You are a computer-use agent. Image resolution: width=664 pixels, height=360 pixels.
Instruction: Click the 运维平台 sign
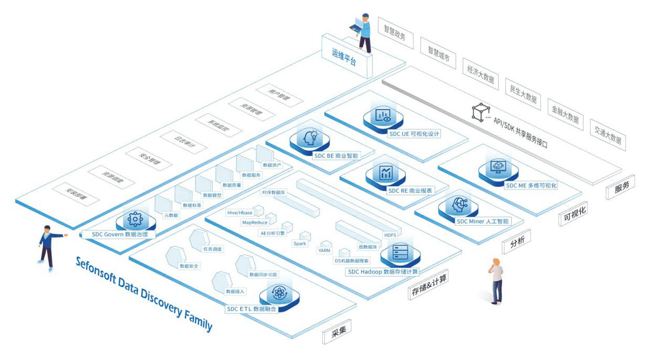(x=344, y=57)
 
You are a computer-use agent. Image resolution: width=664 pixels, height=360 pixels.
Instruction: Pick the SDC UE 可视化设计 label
(x=414, y=134)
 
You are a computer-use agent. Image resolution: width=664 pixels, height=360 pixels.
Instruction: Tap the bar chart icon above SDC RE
(x=386, y=172)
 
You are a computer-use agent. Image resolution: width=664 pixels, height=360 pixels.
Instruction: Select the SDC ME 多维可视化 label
(x=531, y=185)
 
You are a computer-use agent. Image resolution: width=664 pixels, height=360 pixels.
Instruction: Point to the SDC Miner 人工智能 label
(x=482, y=221)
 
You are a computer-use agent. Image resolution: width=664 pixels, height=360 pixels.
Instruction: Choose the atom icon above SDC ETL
(x=279, y=293)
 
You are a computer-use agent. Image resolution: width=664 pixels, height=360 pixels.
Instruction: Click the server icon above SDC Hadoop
(x=400, y=251)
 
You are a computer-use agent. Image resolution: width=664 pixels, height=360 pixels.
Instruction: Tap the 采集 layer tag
(x=337, y=333)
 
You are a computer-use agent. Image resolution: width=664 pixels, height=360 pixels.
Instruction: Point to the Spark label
(x=300, y=243)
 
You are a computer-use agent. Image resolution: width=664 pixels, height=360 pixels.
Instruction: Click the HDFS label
(x=390, y=235)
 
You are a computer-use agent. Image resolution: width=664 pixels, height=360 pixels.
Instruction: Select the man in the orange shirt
(x=496, y=281)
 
